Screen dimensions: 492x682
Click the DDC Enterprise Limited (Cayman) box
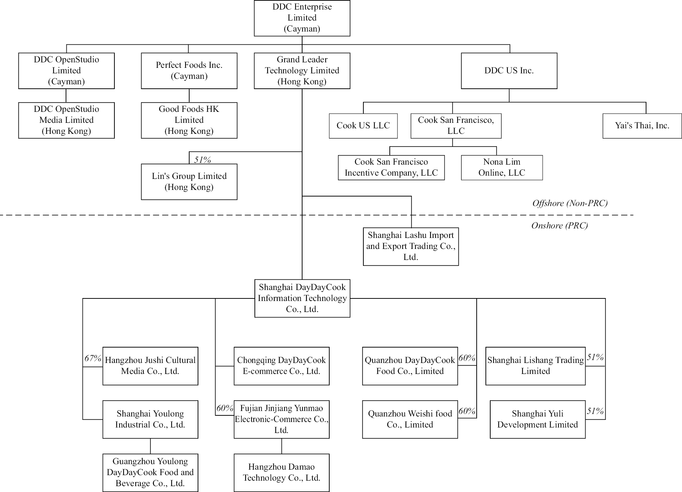point(302,18)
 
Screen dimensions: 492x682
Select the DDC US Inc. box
point(509,71)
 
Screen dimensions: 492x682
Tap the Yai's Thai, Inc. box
point(642,126)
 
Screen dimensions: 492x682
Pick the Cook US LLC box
point(363,126)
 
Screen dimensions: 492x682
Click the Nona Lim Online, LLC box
point(502,168)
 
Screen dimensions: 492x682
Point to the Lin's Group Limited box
point(189,182)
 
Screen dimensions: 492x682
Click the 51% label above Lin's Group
point(202,159)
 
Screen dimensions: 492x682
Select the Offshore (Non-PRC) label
point(570,203)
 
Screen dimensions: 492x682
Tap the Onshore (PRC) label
point(559,225)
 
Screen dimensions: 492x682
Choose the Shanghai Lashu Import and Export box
point(411,246)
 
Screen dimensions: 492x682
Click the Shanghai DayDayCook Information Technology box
point(302,298)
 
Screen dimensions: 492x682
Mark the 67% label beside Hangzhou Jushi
point(93,358)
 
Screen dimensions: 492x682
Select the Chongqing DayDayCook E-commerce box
point(282,366)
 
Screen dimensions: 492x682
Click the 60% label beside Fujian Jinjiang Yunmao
point(225,408)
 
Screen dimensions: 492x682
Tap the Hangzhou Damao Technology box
point(282,473)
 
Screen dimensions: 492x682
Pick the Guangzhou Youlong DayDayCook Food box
point(150,473)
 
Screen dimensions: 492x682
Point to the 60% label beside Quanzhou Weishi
point(467,411)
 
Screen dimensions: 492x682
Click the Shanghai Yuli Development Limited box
point(538,419)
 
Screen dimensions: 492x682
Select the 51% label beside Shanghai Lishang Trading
point(595,357)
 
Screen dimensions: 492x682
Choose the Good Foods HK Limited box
point(189,120)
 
